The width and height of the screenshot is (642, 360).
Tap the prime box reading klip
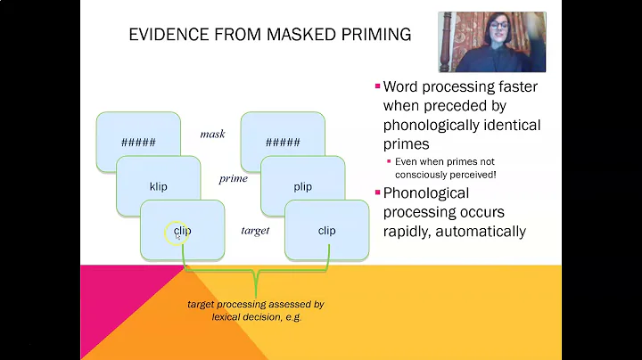click(x=159, y=186)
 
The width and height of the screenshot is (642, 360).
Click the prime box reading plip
click(x=302, y=186)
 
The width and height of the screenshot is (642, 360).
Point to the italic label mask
click(x=212, y=134)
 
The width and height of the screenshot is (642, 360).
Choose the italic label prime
click(x=233, y=179)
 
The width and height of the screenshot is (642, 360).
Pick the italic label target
click(x=255, y=231)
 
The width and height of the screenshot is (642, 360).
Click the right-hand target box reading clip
click(x=326, y=231)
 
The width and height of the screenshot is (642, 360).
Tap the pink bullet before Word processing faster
click(x=377, y=87)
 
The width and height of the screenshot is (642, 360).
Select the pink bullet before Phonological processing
click(x=377, y=193)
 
